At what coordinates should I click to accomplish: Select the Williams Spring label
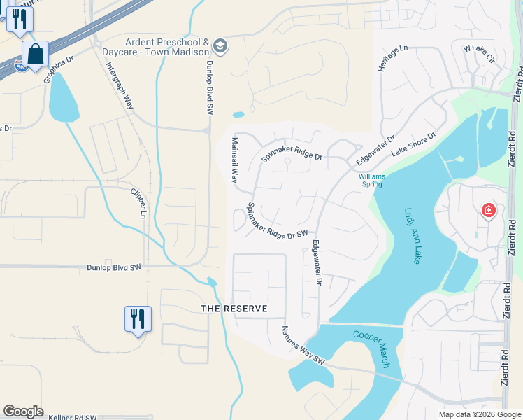tap(371, 181)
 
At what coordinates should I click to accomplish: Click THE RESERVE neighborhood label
tap(234, 309)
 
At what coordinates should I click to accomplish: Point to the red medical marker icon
tap(488, 210)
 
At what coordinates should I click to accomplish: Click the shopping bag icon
tap(35, 54)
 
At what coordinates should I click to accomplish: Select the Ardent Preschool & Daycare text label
tap(167, 47)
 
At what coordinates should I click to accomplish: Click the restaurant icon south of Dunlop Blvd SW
tap(138, 318)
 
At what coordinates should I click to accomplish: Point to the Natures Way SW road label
tap(304, 345)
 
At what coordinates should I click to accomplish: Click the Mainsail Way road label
tap(235, 160)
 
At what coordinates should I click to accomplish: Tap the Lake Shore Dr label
tap(413, 143)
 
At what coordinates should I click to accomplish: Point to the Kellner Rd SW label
tap(72, 417)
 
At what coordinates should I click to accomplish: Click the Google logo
tap(23, 412)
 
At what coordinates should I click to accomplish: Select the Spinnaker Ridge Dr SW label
tap(277, 222)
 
